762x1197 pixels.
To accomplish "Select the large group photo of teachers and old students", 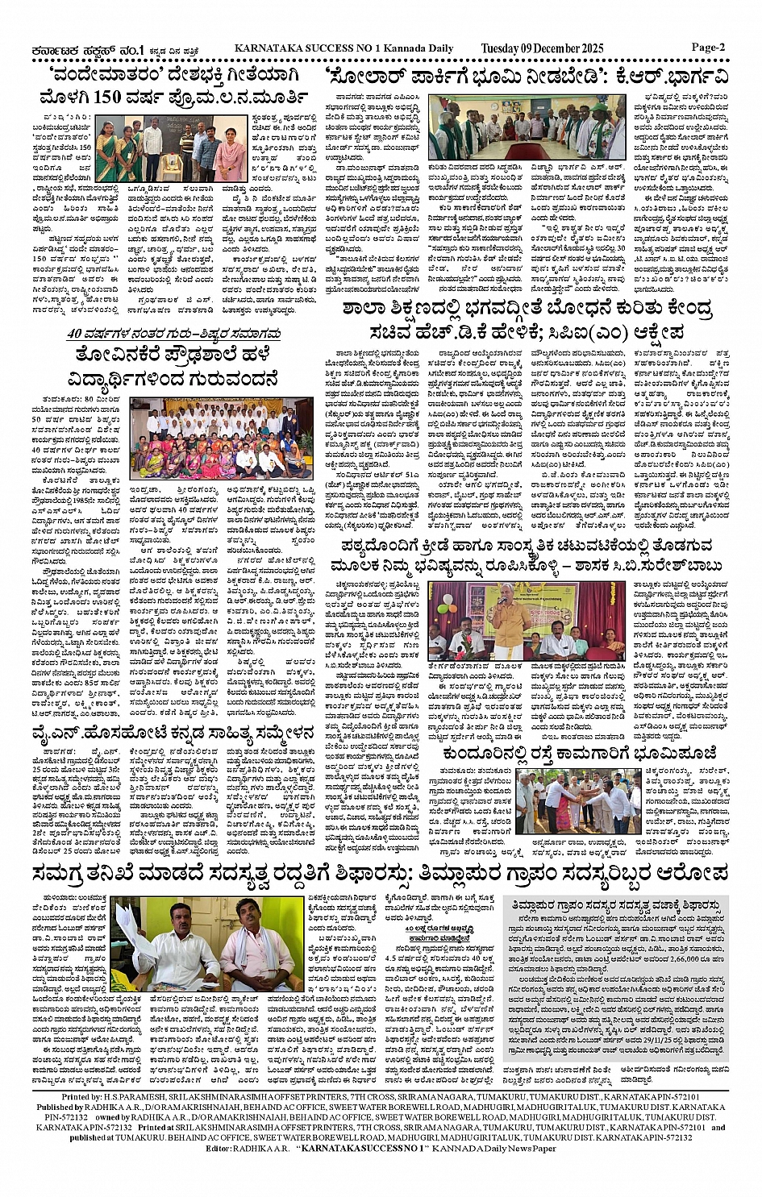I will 210,436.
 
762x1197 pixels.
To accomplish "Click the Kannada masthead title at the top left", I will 73,48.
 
